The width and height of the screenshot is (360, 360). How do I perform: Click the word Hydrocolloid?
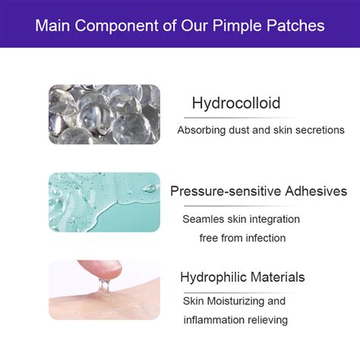(235, 103)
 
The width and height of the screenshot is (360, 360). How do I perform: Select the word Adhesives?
(311, 191)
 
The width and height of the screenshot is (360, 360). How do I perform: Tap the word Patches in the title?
(295, 26)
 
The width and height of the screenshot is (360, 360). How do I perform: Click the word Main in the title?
(55, 26)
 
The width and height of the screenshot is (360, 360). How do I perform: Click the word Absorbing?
(201, 131)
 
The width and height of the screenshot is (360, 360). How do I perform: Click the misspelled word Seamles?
(204, 219)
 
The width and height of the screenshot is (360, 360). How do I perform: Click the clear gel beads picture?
(104, 115)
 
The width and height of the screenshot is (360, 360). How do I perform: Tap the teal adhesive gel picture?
(104, 201)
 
